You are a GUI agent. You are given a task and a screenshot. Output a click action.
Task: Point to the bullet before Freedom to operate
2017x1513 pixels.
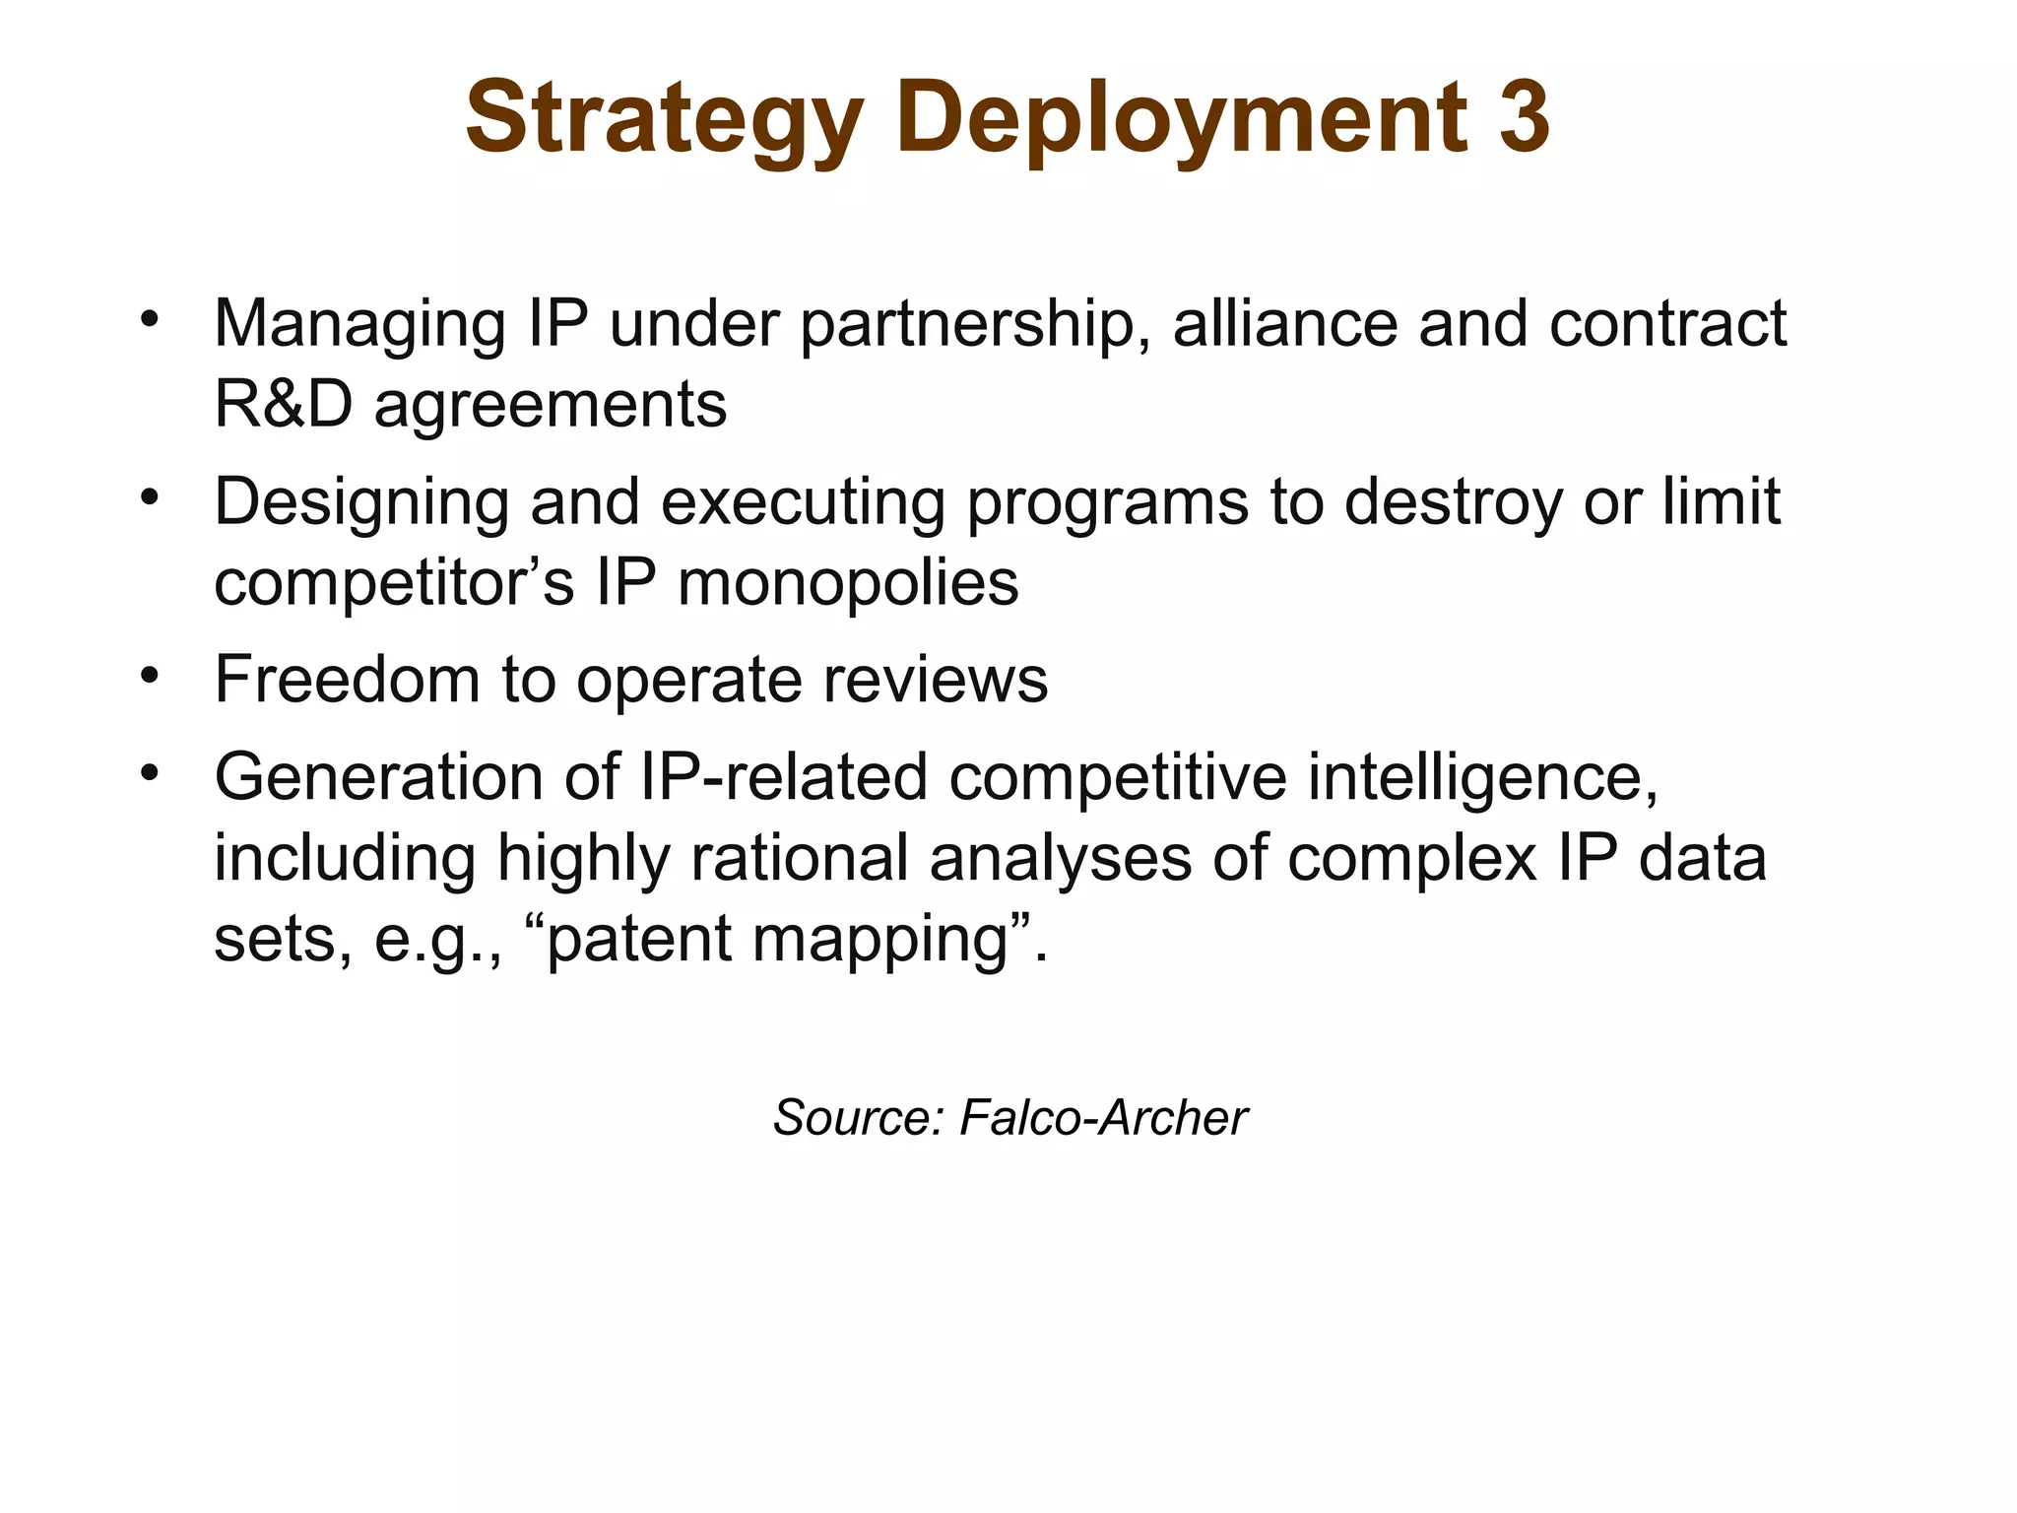pos(149,676)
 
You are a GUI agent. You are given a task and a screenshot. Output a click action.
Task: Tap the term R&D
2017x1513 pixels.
pos(283,404)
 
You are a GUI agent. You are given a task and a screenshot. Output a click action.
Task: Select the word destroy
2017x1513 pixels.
pos(1452,502)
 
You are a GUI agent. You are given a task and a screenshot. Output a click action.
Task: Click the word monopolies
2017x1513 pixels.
pos(848,582)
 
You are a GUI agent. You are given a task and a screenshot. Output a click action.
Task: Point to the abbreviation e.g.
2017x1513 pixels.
pos(438,940)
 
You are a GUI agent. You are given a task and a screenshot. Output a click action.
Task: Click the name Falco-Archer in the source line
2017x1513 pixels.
pos(1103,1118)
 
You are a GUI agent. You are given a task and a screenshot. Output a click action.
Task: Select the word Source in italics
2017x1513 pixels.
pos(856,1118)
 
